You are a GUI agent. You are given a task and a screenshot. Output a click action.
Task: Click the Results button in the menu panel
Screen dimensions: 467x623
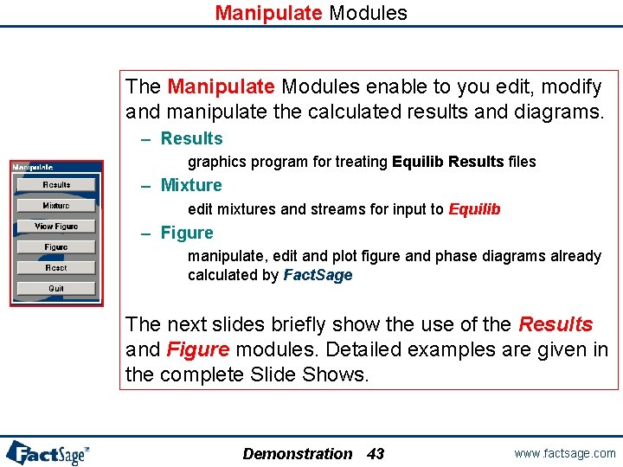click(56, 185)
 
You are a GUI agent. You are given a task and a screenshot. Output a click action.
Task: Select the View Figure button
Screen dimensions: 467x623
click(56, 227)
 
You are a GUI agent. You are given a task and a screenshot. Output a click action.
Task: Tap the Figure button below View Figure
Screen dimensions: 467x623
click(56, 247)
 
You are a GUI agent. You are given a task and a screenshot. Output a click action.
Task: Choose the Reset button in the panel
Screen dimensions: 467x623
click(56, 268)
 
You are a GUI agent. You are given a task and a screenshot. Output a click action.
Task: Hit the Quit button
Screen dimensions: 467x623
click(56, 289)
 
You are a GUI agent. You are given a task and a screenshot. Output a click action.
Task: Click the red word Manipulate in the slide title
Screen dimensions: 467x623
click(268, 13)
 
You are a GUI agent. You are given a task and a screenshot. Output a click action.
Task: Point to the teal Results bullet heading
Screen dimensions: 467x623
click(191, 138)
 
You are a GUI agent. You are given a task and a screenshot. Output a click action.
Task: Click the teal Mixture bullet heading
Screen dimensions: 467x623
click(191, 185)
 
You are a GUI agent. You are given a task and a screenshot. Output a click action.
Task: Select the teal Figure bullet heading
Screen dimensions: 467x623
click(187, 233)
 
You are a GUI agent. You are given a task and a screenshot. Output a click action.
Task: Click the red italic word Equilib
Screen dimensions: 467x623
click(474, 209)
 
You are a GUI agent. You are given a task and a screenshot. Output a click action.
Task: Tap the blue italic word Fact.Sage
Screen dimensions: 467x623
click(318, 275)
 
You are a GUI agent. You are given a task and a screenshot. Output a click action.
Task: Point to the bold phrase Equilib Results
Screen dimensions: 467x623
click(447, 162)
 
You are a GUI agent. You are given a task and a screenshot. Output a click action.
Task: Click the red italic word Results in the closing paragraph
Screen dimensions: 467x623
click(556, 324)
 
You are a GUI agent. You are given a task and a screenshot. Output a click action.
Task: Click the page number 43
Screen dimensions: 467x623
click(376, 454)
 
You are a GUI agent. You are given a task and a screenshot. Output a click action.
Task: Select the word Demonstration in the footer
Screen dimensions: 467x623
click(298, 454)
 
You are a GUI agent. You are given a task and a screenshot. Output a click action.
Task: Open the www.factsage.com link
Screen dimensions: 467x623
click(565, 453)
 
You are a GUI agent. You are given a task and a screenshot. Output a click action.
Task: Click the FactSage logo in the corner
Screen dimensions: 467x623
click(48, 452)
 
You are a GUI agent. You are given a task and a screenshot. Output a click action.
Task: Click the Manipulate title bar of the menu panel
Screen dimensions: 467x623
click(35, 166)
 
